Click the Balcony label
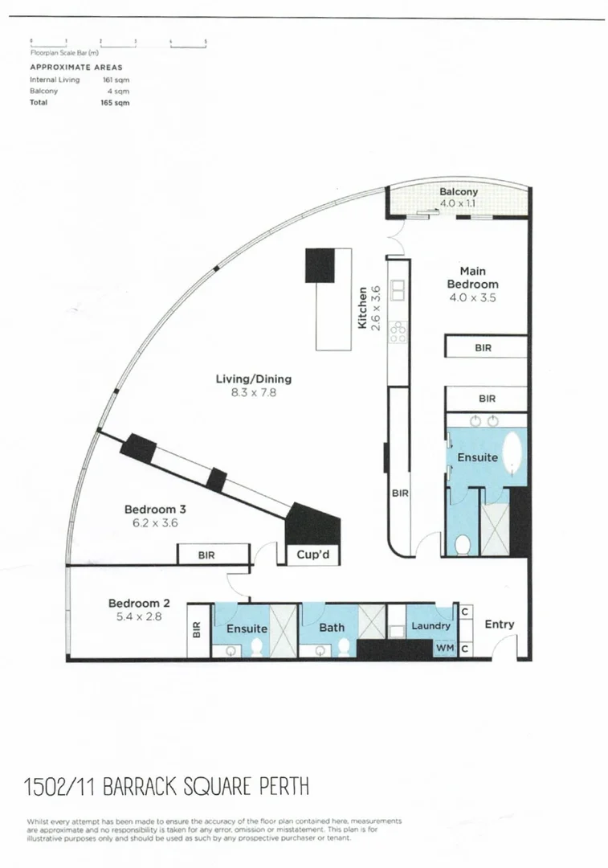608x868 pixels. pos(459,192)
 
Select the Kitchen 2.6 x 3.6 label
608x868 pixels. pos(369,307)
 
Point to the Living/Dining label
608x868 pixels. pos(253,379)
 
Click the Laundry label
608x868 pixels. pos(430,626)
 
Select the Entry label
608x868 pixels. pos(500,624)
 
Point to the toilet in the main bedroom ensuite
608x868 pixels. pos(463,546)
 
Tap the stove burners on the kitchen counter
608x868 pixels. pos(397,331)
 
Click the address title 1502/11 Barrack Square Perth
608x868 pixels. pos(166,784)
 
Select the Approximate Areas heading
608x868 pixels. pos(76,68)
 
